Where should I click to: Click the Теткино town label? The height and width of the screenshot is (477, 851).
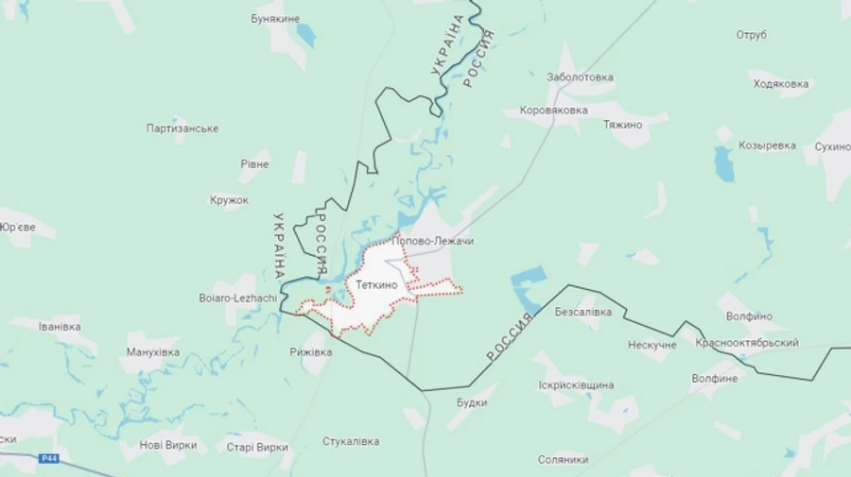pyautogui.click(x=377, y=283)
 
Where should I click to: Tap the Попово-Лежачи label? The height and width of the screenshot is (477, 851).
pyautogui.click(x=432, y=242)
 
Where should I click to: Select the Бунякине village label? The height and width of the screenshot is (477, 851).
pyautogui.click(x=275, y=18)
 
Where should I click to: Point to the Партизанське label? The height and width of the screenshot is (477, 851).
pyautogui.click(x=183, y=128)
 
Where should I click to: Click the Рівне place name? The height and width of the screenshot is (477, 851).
pyautogui.click(x=254, y=164)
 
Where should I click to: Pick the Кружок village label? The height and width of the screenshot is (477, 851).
pyautogui.click(x=229, y=200)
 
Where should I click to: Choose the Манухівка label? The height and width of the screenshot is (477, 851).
pyautogui.click(x=152, y=352)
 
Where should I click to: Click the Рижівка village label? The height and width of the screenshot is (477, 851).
pyautogui.click(x=311, y=352)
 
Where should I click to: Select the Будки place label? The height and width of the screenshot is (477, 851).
pyautogui.click(x=472, y=401)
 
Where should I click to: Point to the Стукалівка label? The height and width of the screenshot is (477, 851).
pyautogui.click(x=351, y=441)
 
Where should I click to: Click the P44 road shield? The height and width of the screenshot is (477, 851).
pyautogui.click(x=50, y=459)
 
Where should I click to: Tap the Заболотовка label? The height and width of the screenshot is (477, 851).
pyautogui.click(x=580, y=77)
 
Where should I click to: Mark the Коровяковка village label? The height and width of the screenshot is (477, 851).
pyautogui.click(x=553, y=110)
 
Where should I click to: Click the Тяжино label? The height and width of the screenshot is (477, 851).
pyautogui.click(x=623, y=125)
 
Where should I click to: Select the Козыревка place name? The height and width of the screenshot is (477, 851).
pyautogui.click(x=767, y=146)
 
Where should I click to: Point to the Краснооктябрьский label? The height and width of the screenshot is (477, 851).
pyautogui.click(x=747, y=343)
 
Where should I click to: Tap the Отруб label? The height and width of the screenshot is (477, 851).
pyautogui.click(x=752, y=35)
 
